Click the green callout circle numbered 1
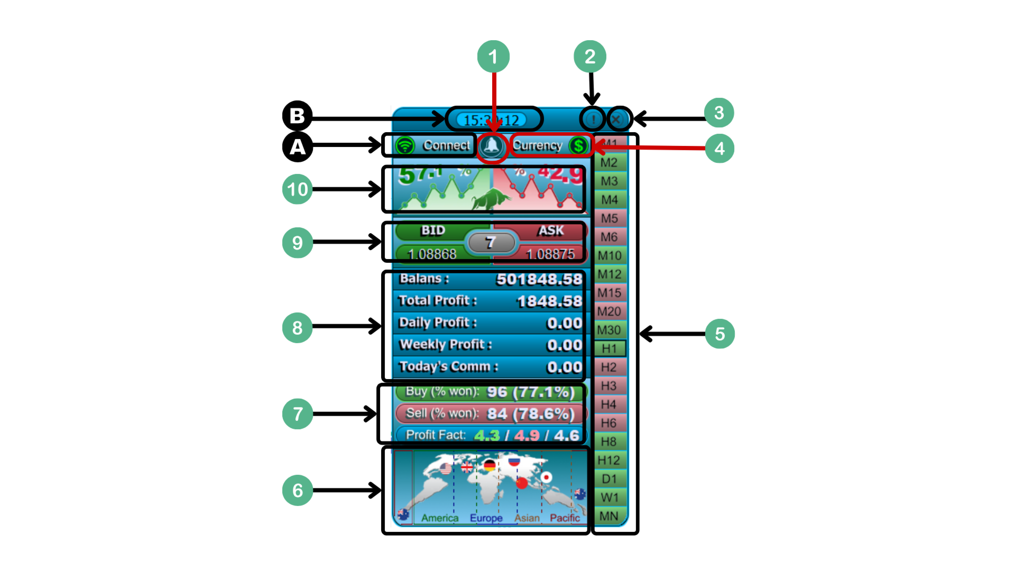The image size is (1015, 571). point(493,57)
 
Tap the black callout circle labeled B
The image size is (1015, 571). point(297,116)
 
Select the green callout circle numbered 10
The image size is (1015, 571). point(297,189)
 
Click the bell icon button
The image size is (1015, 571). point(492,146)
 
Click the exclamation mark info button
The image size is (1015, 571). point(593,119)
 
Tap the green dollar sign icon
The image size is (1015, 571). point(579,145)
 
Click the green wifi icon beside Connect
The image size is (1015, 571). point(405,145)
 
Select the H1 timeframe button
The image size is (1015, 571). point(609,348)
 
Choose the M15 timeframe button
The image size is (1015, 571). point(609,293)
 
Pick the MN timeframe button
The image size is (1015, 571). point(609,516)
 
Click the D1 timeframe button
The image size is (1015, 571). point(609,479)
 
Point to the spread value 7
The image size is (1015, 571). point(491,243)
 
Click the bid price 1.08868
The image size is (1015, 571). point(432,254)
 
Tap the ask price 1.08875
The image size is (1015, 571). point(550,254)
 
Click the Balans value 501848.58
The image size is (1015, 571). point(539,279)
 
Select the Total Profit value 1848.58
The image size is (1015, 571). point(549,301)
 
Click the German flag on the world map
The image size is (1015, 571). point(490,465)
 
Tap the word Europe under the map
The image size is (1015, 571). point(486,518)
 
